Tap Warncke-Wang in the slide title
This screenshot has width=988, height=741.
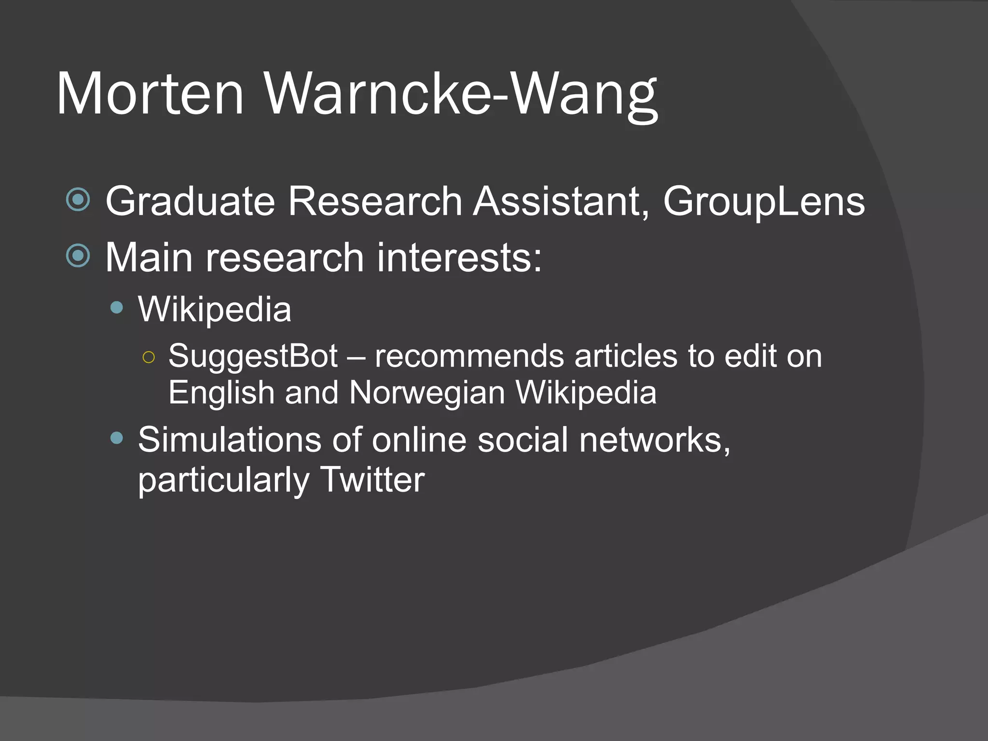click(x=461, y=94)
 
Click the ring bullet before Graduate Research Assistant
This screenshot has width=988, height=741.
click(x=78, y=199)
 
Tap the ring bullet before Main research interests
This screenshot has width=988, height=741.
click(x=78, y=256)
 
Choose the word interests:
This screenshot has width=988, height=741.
click(x=459, y=258)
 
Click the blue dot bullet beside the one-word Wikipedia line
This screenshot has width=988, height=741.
click(x=117, y=308)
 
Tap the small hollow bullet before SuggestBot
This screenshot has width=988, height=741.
click(x=149, y=357)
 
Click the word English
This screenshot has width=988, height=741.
click(x=221, y=392)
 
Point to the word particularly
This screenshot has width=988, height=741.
click(x=223, y=480)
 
